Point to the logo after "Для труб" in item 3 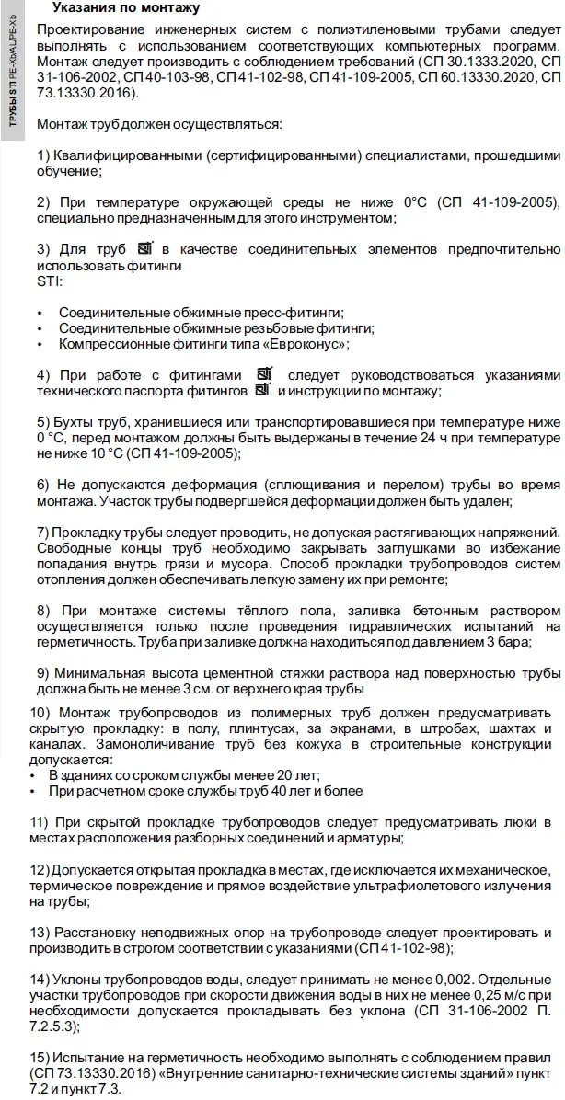pyautogui.click(x=144, y=249)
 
